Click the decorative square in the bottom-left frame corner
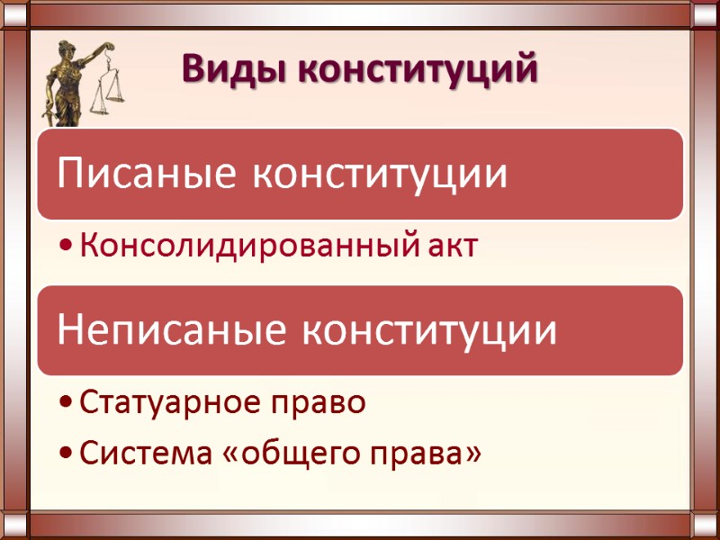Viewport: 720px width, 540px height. (15, 525)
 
